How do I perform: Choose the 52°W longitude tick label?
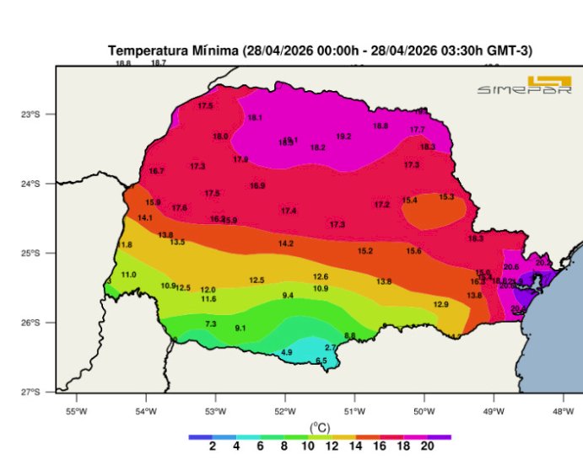tap(284, 411)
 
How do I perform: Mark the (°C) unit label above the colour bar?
tap(320, 427)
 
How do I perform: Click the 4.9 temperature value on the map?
tap(287, 352)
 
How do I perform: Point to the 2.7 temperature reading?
tap(331, 347)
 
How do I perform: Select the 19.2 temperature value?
tap(343, 136)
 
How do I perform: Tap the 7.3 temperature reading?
tap(211, 324)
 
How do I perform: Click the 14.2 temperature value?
tap(286, 243)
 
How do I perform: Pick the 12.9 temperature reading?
tap(440, 304)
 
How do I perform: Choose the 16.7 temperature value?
tap(156, 171)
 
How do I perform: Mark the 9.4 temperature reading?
tap(288, 296)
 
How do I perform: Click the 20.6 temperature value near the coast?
tap(511, 267)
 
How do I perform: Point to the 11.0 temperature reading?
tap(128, 275)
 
